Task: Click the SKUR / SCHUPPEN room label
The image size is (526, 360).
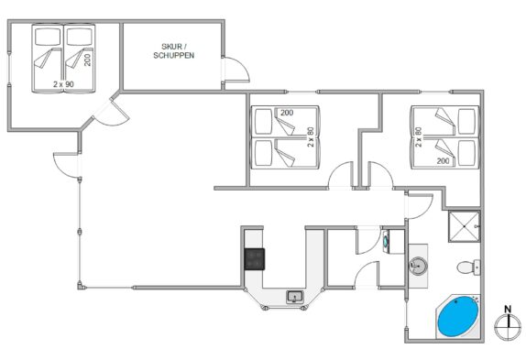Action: tap(174, 51)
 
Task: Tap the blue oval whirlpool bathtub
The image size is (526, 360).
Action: tap(458, 316)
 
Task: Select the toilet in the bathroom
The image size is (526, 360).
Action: tap(468, 267)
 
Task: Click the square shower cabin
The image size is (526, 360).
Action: tap(465, 226)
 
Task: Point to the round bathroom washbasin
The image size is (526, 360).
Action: tap(418, 266)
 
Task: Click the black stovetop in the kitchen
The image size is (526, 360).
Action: tap(254, 259)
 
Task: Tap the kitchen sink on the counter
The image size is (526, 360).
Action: tap(295, 297)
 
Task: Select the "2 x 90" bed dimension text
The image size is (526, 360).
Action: tap(63, 84)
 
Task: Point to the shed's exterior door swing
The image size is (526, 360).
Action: tap(236, 69)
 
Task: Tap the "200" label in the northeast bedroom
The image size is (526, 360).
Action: tap(443, 161)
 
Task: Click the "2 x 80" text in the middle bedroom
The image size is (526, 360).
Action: tap(311, 136)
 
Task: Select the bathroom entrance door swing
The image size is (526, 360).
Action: tap(420, 206)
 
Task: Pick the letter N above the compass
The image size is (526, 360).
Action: tap(508, 309)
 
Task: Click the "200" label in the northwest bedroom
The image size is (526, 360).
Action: tap(88, 60)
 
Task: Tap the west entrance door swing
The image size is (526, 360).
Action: tap(66, 165)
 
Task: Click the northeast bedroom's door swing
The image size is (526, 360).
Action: tap(380, 175)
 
